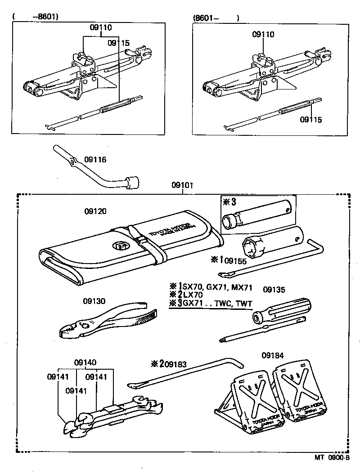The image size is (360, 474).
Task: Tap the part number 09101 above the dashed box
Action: (x=182, y=185)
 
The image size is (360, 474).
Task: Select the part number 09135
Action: (x=274, y=290)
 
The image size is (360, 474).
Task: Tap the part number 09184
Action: (x=273, y=355)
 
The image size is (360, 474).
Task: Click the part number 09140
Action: (x=85, y=362)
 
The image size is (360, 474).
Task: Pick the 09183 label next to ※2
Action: (x=175, y=363)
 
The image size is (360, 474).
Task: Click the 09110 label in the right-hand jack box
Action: (x=263, y=35)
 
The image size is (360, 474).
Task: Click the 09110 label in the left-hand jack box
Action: (x=100, y=27)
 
